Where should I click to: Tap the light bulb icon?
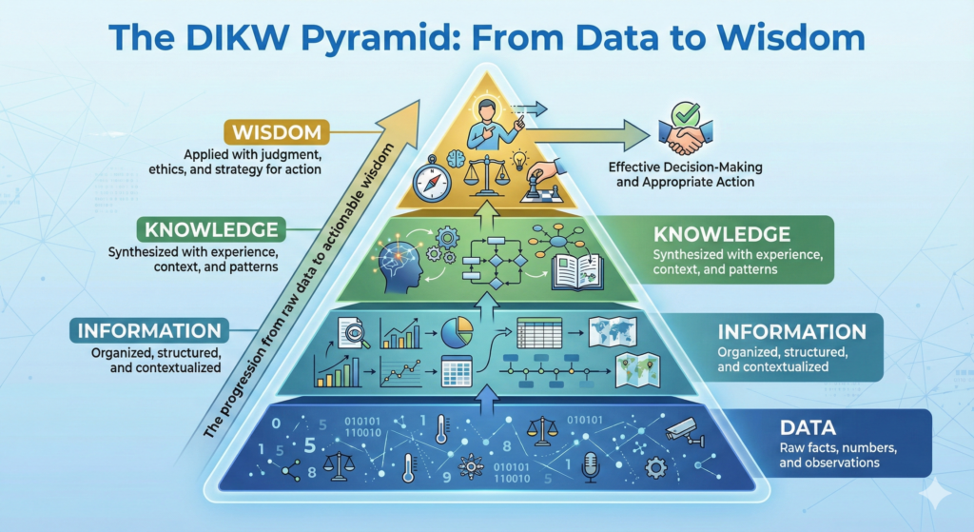click(519, 159)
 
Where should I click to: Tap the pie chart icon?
click(457, 332)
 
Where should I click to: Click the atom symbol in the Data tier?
click(472, 467)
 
